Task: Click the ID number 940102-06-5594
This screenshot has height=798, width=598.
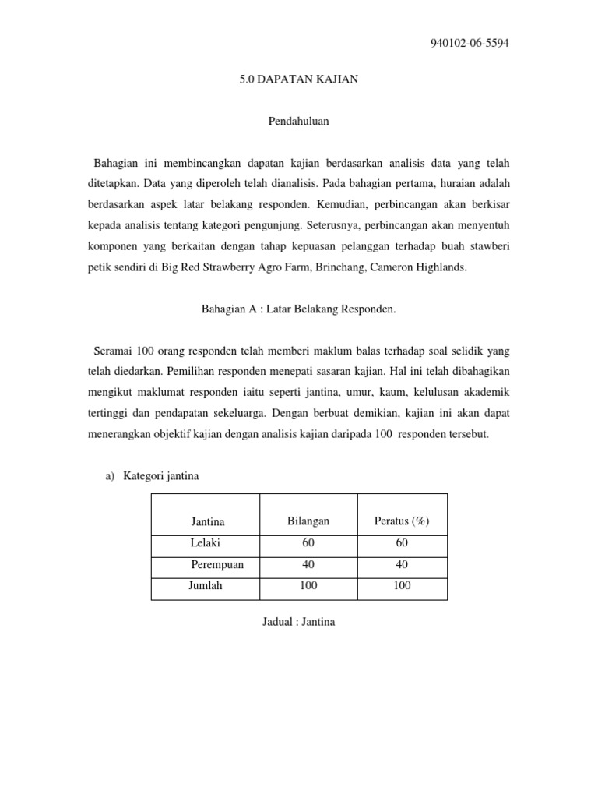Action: [470, 43]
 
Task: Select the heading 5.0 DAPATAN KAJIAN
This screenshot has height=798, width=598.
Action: [299, 80]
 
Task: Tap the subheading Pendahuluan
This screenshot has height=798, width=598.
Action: [299, 122]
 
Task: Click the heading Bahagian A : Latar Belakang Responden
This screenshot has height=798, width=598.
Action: [299, 309]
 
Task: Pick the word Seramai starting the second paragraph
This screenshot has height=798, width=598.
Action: [112, 350]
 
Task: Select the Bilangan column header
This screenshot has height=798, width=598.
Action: [308, 521]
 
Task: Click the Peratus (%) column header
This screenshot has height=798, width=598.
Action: [402, 521]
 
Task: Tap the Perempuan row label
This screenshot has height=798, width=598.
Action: [217, 565]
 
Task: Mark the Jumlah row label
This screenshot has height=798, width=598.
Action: [206, 586]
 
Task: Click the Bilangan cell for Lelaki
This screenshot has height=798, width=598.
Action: [308, 543]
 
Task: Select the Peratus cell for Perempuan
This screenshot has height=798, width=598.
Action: [402, 565]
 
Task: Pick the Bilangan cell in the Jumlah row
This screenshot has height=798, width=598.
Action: [308, 586]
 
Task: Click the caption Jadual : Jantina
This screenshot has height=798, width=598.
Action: [299, 623]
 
